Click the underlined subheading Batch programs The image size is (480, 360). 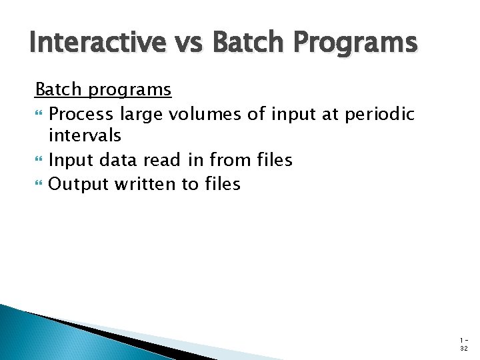pos(103,89)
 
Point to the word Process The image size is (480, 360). pos(81,114)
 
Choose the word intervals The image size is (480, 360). pos(85,136)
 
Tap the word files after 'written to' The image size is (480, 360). pos(221,183)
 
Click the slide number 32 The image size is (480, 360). pos(463,348)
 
